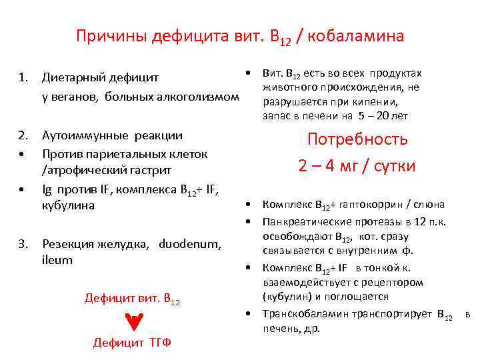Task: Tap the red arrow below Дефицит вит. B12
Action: point(133,323)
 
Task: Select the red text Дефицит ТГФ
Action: point(132,343)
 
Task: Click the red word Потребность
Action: point(357,139)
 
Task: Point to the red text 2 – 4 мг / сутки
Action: point(357,165)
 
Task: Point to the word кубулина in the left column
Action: point(68,205)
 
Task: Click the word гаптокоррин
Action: point(374,205)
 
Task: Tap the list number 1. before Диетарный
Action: point(24,77)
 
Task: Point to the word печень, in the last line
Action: point(281,329)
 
